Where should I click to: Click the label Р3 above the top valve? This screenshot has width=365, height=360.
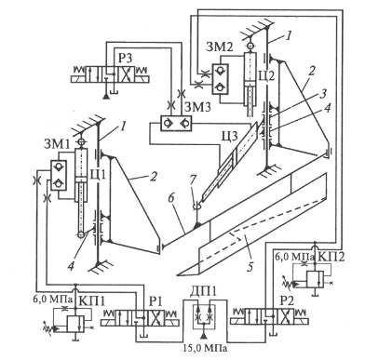[x=124, y=57]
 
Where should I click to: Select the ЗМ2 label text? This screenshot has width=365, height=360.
[x=220, y=47]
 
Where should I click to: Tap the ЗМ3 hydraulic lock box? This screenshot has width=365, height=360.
[x=176, y=123]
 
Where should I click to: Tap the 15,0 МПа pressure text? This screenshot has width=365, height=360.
[x=204, y=348]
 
